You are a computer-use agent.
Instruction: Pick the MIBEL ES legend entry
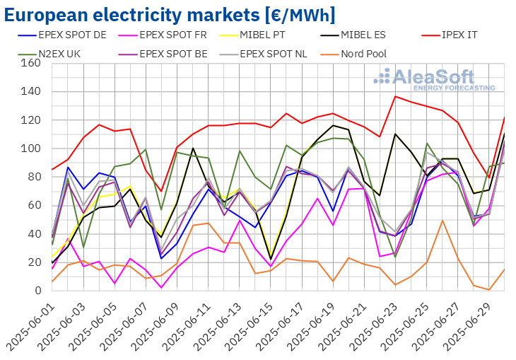point(380,34)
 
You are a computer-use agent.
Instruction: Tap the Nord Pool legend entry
point(366,53)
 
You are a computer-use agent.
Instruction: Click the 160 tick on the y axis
point(30,63)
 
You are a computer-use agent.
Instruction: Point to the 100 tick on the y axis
point(30,149)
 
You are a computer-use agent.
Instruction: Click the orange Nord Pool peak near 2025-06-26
point(442,220)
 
